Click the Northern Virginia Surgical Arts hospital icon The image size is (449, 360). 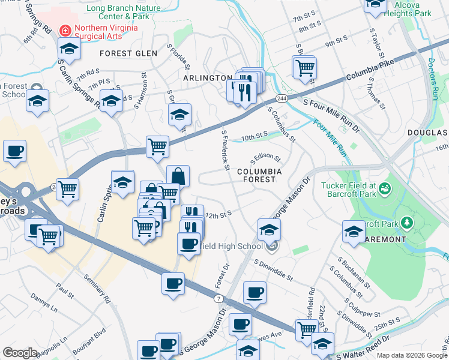pos(65,28)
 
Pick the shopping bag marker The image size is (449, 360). pos(178,176)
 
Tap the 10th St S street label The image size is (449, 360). pos(253,137)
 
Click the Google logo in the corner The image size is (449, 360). pos(20,353)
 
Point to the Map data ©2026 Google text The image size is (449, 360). pos(411,355)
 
